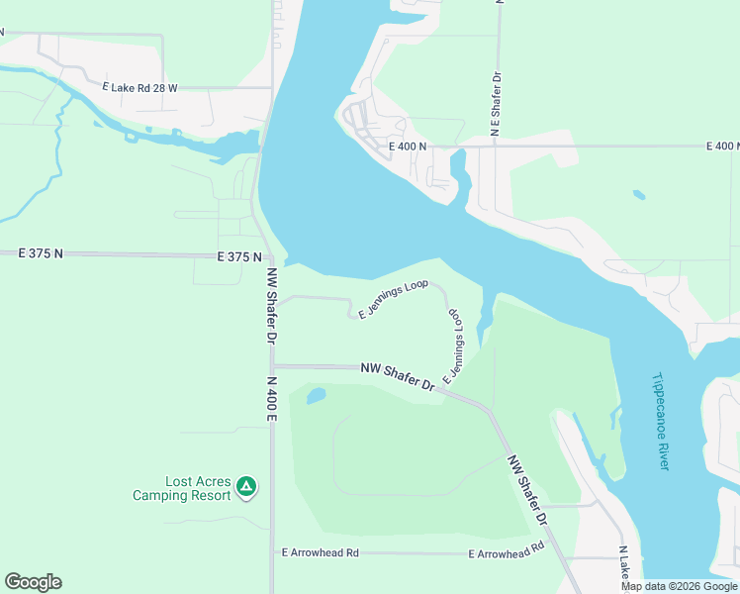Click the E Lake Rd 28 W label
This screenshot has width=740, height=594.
pyautogui.click(x=139, y=87)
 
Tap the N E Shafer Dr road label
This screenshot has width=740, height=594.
pyautogui.click(x=497, y=103)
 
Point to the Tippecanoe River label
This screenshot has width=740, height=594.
pyautogui.click(x=661, y=421)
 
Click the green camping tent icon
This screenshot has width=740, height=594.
pyautogui.click(x=246, y=487)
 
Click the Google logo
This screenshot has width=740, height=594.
pyautogui.click(x=33, y=582)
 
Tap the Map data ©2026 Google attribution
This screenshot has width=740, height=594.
pyautogui.click(x=679, y=586)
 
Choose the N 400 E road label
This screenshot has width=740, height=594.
pyautogui.click(x=271, y=399)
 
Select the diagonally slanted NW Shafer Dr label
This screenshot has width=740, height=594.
pyautogui.click(x=528, y=489)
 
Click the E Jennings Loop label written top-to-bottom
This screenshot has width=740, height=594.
pyautogui.click(x=455, y=346)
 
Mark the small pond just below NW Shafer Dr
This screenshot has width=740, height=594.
pyautogui.click(x=316, y=397)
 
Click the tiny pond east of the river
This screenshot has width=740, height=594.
pyautogui.click(x=639, y=195)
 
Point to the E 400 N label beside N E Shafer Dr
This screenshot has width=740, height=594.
pyautogui.click(x=408, y=147)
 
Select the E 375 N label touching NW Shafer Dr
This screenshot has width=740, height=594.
pyautogui.click(x=239, y=256)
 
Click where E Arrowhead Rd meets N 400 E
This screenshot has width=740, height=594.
pyautogui.click(x=272, y=552)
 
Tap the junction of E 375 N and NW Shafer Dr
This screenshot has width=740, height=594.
pyautogui.click(x=264, y=255)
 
